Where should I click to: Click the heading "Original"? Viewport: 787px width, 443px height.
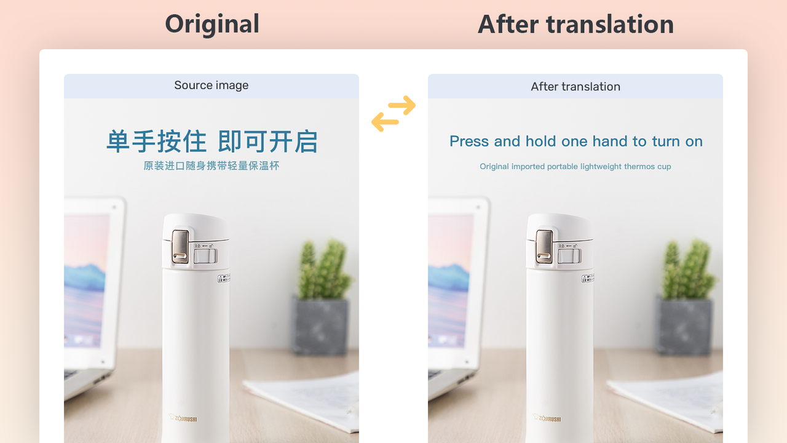tap(212, 25)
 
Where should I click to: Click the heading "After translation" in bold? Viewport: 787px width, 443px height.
tap(575, 25)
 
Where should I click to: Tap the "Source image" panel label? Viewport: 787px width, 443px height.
tap(212, 86)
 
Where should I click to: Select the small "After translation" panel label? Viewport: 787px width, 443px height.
tap(575, 87)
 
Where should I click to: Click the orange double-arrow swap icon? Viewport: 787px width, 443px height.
tap(393, 113)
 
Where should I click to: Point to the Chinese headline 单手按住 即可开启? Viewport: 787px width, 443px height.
tap(212, 142)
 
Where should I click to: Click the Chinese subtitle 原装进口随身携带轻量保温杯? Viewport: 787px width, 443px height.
tap(212, 166)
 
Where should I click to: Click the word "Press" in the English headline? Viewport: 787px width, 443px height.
tap(469, 142)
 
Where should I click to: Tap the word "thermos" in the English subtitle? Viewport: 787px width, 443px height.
tap(639, 167)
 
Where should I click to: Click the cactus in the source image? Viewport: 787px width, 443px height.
tap(323, 271)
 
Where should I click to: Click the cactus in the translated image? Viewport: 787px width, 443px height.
tap(687, 271)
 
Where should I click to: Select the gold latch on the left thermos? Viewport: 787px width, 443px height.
tap(180, 245)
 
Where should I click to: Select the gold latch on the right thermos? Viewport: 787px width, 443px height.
tap(544, 245)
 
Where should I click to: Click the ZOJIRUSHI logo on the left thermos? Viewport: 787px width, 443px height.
tap(183, 419)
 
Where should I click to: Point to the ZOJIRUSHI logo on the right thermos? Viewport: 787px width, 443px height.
tap(547, 419)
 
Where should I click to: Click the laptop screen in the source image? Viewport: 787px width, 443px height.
tap(86, 277)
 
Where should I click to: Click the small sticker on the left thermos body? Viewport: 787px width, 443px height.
tap(224, 279)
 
